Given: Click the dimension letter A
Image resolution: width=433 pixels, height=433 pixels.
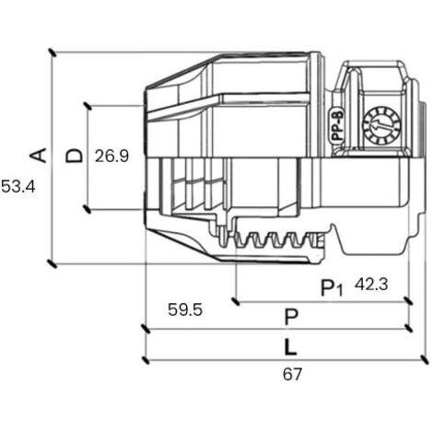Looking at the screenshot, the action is click(x=38, y=155).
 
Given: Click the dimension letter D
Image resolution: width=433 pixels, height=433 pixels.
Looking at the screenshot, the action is click(x=75, y=156).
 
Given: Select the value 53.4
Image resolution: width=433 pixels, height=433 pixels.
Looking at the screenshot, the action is click(x=18, y=186).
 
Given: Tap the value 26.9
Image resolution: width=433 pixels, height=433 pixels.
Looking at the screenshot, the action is click(x=111, y=156).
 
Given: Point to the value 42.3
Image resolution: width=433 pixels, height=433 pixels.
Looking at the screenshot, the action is click(x=371, y=285).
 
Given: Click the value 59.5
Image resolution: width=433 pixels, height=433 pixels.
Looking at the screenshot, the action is click(x=185, y=310).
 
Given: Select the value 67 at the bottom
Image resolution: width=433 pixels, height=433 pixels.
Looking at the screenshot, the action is click(x=292, y=374).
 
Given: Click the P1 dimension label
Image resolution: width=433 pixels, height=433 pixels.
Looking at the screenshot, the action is click(x=332, y=287).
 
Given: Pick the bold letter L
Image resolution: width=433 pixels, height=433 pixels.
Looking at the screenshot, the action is click(x=290, y=346).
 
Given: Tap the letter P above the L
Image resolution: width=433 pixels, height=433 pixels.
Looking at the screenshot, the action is click(x=291, y=317).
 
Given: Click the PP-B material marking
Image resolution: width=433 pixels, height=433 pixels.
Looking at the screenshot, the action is click(x=338, y=126).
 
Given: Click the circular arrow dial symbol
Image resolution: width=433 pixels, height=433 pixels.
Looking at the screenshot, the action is click(x=381, y=125).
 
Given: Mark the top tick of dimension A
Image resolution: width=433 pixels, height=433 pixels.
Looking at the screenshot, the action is click(x=53, y=53).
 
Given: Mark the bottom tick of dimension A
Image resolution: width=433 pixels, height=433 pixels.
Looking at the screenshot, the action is click(x=53, y=263).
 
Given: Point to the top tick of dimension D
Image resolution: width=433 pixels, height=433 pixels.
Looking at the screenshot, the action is click(x=88, y=106).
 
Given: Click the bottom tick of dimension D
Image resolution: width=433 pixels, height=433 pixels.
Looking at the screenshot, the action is click(x=88, y=209).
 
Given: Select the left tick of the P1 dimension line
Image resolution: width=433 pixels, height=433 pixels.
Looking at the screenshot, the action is click(x=236, y=301).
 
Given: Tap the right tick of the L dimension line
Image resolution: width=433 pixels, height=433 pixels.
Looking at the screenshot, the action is click(x=425, y=359).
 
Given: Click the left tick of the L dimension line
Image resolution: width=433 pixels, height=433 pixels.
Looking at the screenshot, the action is click(x=146, y=359).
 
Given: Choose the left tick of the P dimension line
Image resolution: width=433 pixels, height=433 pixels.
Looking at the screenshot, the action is click(x=145, y=329).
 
